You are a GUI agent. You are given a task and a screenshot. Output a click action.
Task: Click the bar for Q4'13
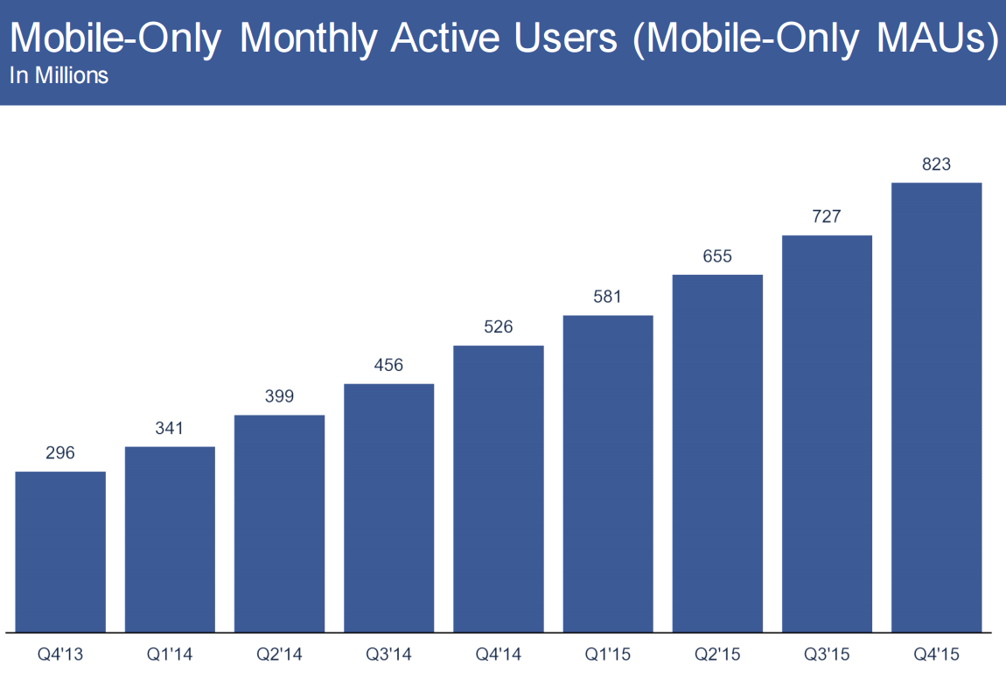[60, 551]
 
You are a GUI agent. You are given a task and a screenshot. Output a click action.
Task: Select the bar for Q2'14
[279, 523]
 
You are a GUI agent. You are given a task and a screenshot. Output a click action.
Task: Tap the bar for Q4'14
[499, 488]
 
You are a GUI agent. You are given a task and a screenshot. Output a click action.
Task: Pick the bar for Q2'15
[717, 453]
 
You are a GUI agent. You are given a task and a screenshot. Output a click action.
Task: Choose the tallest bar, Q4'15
[936, 407]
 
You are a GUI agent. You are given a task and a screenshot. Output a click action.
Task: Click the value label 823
[936, 164]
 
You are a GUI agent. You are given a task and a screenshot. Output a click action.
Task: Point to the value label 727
[827, 216]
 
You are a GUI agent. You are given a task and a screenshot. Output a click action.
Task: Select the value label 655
[717, 256]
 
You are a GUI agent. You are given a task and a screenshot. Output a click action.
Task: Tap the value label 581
[607, 297]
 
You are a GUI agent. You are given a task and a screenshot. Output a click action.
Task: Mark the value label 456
[388, 365]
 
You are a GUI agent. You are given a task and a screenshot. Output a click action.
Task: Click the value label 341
[170, 428]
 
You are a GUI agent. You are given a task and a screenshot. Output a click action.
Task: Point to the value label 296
[60, 453]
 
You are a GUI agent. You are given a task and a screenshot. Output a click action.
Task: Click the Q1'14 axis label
[170, 654]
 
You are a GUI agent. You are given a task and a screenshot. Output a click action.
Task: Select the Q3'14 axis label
[388, 654]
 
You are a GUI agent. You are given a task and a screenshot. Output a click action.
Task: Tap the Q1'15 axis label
[607, 654]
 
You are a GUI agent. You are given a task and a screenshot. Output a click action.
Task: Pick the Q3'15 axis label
[827, 654]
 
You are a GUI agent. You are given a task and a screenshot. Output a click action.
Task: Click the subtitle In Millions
[59, 76]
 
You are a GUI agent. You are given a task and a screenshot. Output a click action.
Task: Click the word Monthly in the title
[307, 39]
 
